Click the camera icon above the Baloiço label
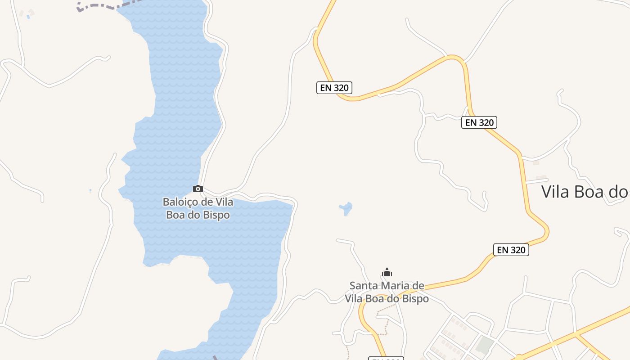pos(198,189)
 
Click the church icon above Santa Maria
pos(387,272)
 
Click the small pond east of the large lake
pos(346,208)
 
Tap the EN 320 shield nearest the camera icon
pos(334,88)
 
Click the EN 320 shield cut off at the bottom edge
pos(386,358)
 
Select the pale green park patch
pos(485,345)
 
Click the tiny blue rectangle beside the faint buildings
pos(28,17)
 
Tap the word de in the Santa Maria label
pos(419,285)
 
